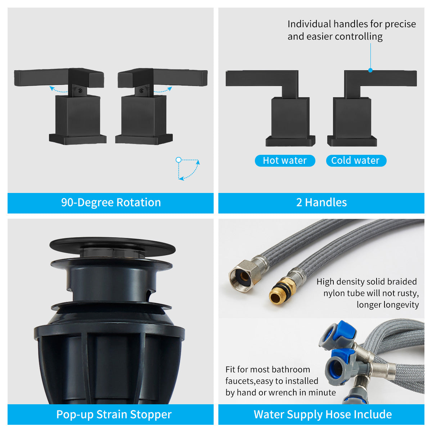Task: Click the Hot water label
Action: [x=285, y=161]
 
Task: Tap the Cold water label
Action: [x=356, y=161]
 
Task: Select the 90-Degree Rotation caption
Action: [x=111, y=203]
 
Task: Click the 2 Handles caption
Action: [x=321, y=203]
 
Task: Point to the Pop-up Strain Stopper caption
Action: [x=114, y=414]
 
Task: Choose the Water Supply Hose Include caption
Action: [x=323, y=414]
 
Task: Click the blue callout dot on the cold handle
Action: [x=370, y=70]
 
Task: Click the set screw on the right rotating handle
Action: [x=142, y=91]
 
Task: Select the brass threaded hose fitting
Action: [x=278, y=294]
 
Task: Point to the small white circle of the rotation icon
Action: [x=178, y=159]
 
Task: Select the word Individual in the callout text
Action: [x=309, y=24]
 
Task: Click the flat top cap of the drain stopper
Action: [x=112, y=245]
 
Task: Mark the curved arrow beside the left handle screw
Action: [x=58, y=89]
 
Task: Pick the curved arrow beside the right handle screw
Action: [x=163, y=89]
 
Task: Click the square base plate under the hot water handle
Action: [x=290, y=141]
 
